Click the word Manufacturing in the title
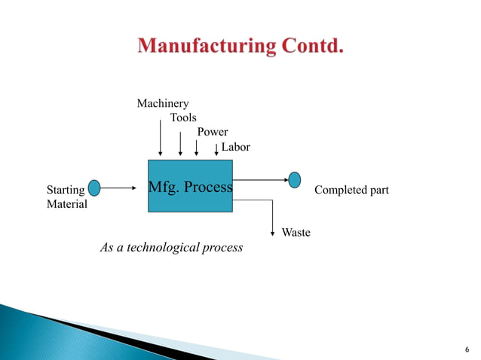pyautogui.click(x=205, y=47)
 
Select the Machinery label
pyautogui.click(x=162, y=103)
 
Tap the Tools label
pyautogui.click(x=183, y=117)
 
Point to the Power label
pyautogui.click(x=212, y=132)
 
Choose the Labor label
pyautogui.click(x=235, y=147)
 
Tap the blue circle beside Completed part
pyautogui.click(x=295, y=180)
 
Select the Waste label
pyautogui.click(x=296, y=233)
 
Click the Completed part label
pyautogui.click(x=351, y=190)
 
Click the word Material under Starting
pyautogui.click(x=67, y=204)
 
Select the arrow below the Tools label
pyautogui.click(x=180, y=142)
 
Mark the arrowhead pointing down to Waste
pyautogui.click(x=272, y=232)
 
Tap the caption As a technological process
pyautogui.click(x=171, y=247)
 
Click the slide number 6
pyautogui.click(x=467, y=350)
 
